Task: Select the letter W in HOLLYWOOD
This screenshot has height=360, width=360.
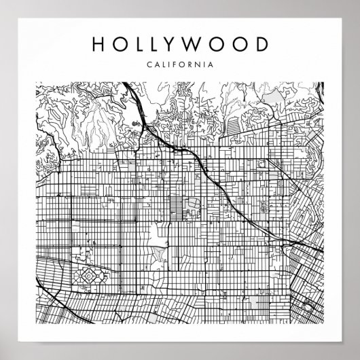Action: pos(198,44)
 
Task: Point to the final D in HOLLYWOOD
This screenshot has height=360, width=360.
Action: pos(262,44)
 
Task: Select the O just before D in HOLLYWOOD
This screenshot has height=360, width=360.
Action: pos(241,44)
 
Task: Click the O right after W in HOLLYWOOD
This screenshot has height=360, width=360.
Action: pos(219,44)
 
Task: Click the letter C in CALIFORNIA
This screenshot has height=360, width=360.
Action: pos(149,65)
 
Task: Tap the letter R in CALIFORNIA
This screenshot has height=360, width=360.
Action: pos(191,65)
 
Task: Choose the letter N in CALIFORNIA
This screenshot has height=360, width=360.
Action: pos(199,65)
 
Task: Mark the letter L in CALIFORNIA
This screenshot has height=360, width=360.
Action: pos(163,65)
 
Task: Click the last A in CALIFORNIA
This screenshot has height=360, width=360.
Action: pos(213,65)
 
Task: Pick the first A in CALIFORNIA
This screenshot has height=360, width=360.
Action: pos(156,65)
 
